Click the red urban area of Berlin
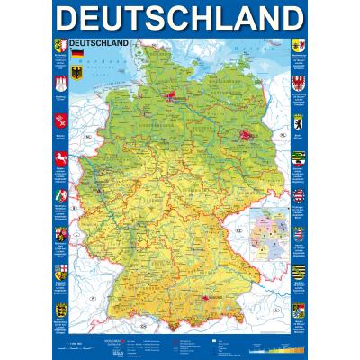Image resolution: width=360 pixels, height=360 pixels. pos(245,131)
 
